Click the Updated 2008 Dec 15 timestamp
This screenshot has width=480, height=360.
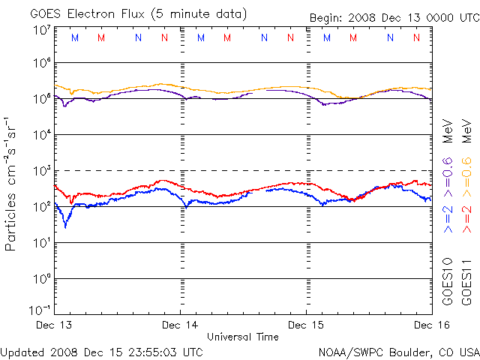(x=102, y=351)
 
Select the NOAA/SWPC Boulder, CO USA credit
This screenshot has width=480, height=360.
(x=398, y=351)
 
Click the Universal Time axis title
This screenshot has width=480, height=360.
(x=242, y=337)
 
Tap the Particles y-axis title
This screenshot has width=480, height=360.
(x=11, y=184)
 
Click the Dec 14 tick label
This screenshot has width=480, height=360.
(x=180, y=325)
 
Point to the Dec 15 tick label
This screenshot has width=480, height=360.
(x=306, y=325)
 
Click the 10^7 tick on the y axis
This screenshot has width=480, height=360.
(x=40, y=29)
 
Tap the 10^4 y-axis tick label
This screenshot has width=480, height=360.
(x=40, y=134)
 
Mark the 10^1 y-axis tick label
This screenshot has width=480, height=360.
(x=40, y=242)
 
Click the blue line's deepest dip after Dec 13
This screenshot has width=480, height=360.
(x=66, y=226)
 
